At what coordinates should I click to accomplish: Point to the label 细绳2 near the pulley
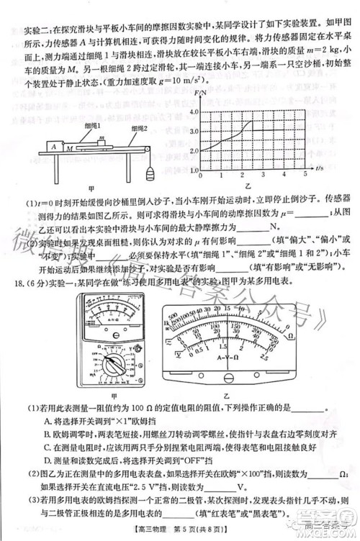120,129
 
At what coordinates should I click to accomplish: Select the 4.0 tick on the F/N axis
193,113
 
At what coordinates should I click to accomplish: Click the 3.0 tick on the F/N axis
193,132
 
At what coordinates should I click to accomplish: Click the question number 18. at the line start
24,266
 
